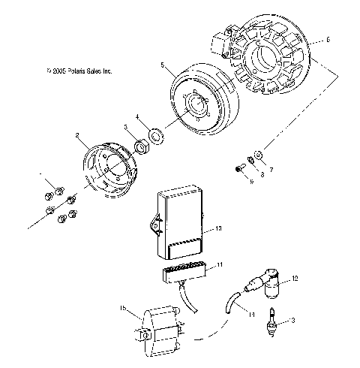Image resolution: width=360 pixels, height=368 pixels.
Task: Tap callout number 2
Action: click(x=76, y=135)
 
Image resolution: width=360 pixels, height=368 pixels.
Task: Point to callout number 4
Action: click(x=137, y=116)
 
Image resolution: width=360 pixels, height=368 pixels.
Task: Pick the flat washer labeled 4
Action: click(x=157, y=136)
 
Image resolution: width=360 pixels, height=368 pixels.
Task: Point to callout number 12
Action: click(x=295, y=279)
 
